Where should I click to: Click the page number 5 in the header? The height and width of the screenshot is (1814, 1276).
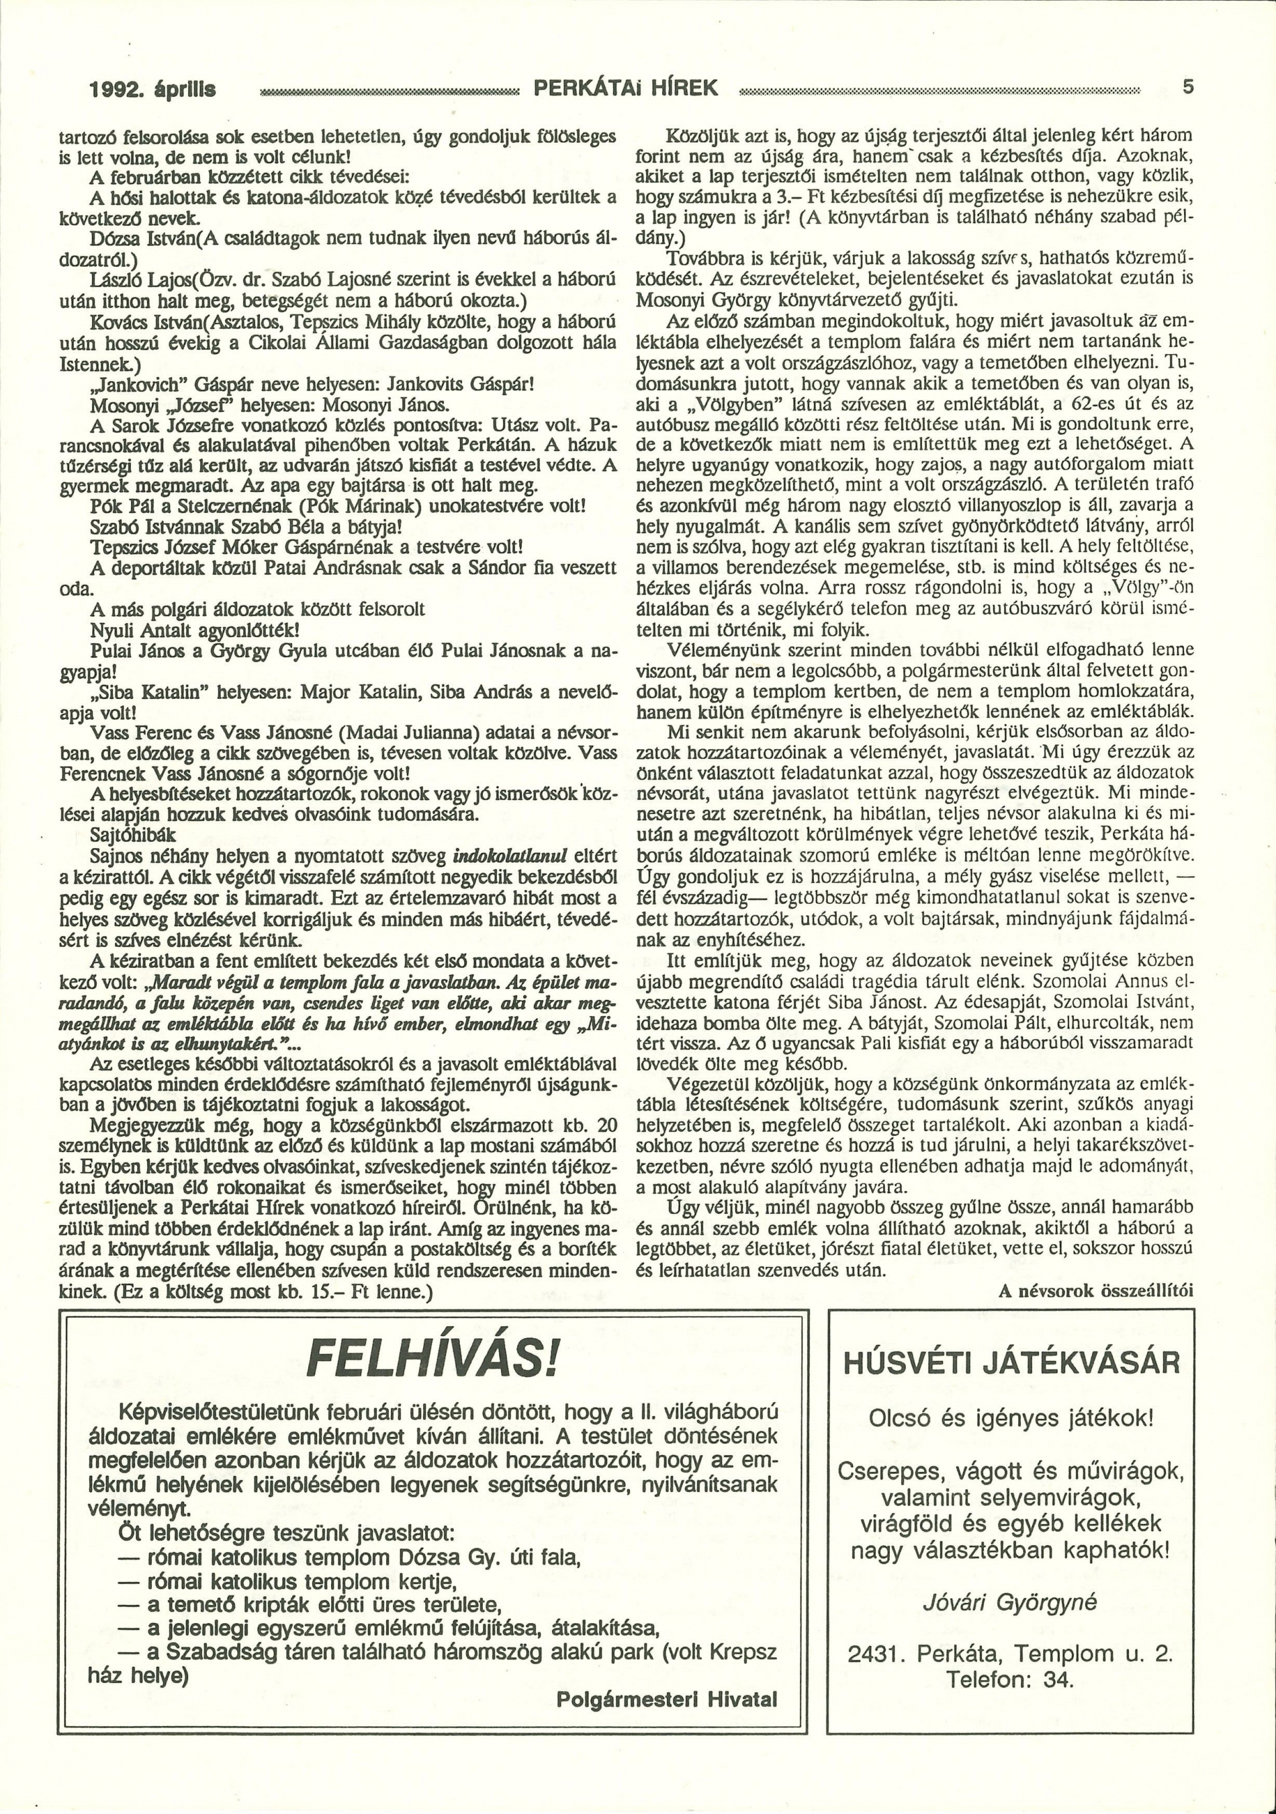[1187, 87]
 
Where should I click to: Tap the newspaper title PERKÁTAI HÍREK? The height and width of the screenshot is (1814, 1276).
[626, 87]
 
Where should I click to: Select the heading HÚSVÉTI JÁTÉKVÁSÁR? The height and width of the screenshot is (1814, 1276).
[1011, 1364]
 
